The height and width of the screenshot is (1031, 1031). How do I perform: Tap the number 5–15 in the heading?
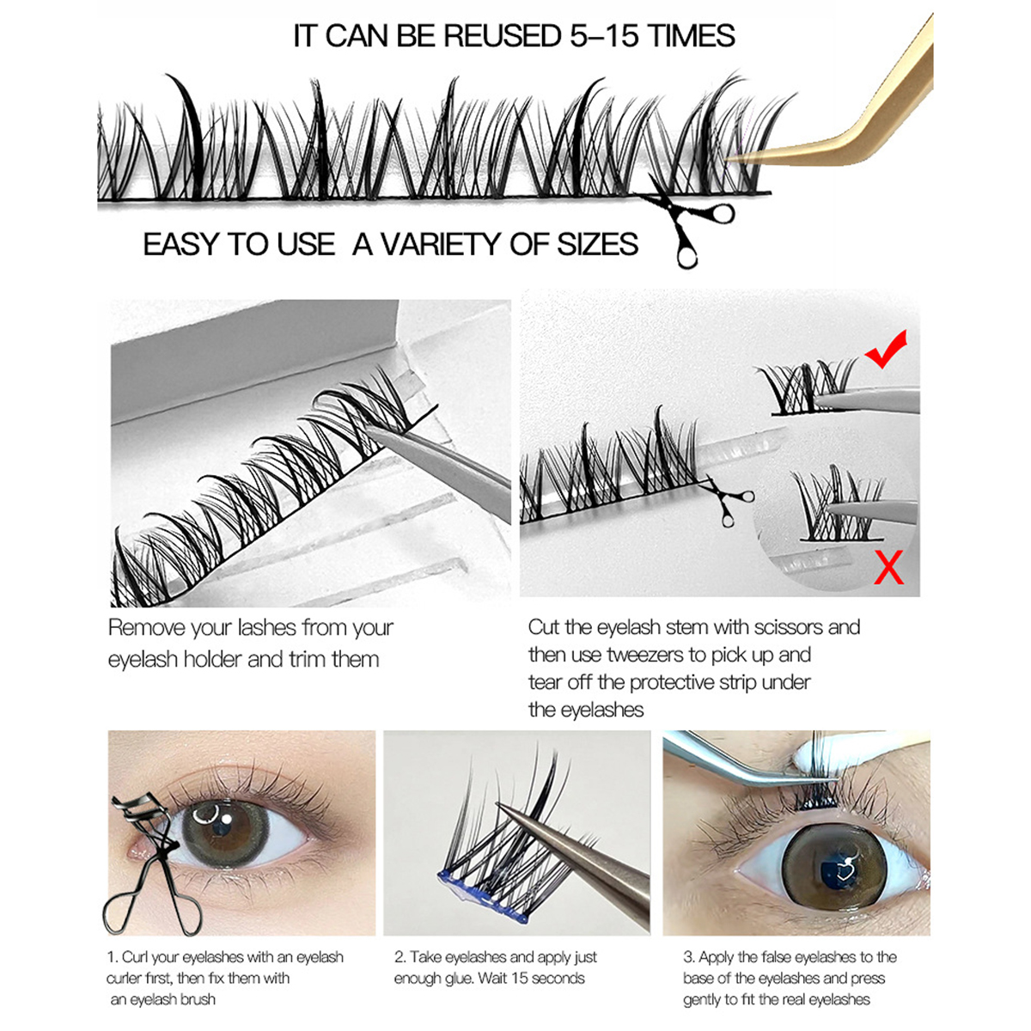click(605, 36)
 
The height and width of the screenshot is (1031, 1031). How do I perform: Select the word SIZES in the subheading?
click(597, 244)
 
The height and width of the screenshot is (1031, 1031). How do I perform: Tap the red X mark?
click(888, 568)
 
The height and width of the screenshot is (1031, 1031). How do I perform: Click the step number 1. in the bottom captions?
click(113, 957)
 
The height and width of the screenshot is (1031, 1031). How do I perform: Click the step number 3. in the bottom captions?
click(688, 957)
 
